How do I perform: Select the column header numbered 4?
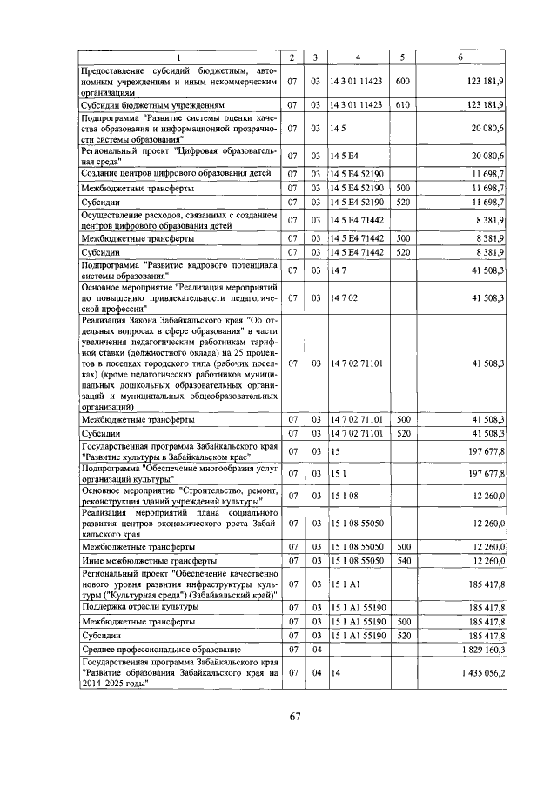[357, 57]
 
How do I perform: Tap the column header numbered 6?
[460, 57]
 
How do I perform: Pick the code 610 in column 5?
[402, 104]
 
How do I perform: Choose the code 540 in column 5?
[402, 561]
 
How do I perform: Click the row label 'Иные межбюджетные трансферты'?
[144, 561]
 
